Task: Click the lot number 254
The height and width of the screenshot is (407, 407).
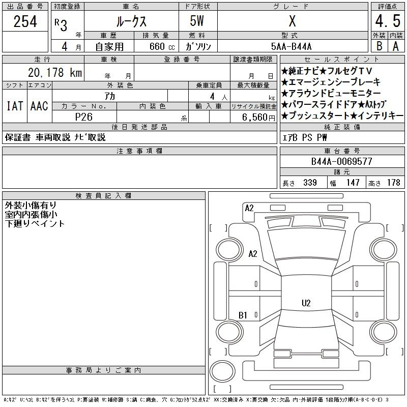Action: tap(25, 21)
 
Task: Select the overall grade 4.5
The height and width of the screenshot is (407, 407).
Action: tap(388, 21)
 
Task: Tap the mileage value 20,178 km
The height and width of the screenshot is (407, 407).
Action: tap(55, 72)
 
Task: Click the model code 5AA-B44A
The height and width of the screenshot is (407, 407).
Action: tap(291, 46)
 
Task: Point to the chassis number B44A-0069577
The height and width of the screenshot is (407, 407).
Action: tap(341, 161)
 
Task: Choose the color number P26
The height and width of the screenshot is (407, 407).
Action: tap(84, 117)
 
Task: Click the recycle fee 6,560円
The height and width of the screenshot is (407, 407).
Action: tap(258, 118)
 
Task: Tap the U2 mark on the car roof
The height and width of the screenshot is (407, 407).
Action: tap(306, 303)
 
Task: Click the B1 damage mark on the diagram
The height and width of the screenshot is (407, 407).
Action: tap(243, 315)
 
